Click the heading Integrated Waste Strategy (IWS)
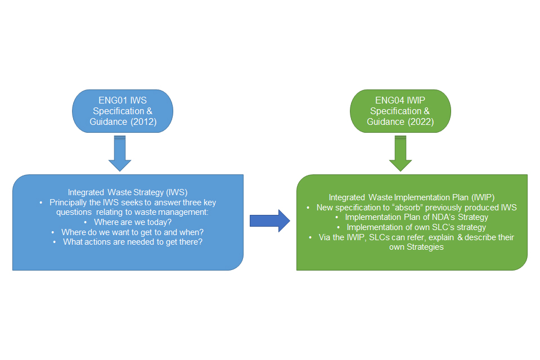(128, 192)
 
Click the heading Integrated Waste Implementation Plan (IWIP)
(412, 197)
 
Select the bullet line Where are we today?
(133, 222)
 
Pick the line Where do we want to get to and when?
(133, 232)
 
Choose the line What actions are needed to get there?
(133, 242)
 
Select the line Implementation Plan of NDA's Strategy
(416, 217)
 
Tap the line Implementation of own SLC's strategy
(416, 227)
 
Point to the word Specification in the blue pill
(119, 111)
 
